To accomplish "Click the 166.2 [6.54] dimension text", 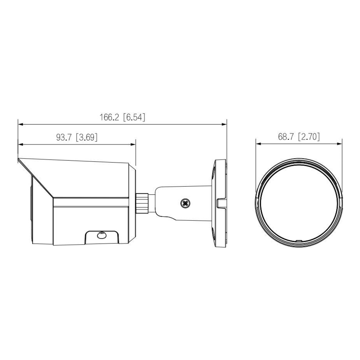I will (122, 117).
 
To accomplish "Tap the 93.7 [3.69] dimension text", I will (77, 137).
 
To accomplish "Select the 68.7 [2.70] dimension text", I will (299, 137).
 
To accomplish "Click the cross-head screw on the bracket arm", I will (184, 204).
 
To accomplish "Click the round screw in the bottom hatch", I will (101, 235).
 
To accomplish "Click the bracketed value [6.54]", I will (134, 117).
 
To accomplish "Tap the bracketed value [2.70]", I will (309, 137).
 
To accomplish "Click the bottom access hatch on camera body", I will (101, 237).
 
